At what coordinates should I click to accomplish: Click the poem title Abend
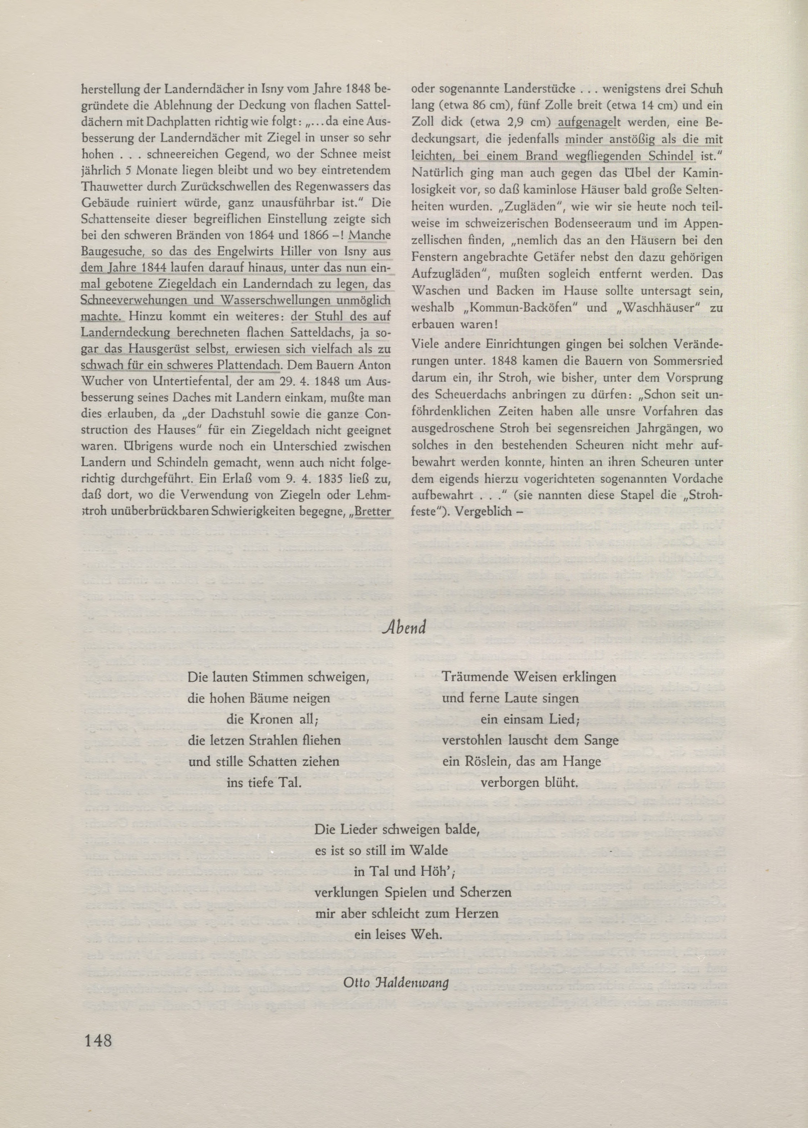coord(405,628)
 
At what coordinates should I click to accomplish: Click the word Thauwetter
coord(110,186)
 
